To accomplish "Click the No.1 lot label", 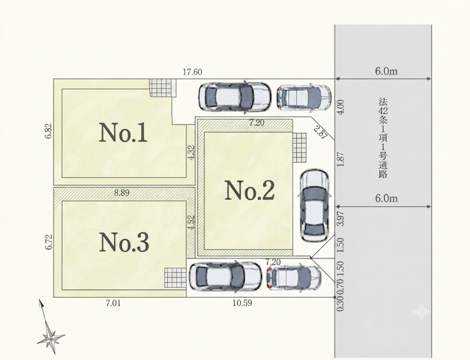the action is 123,133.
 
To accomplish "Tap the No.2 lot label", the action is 250,190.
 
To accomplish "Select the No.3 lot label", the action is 124,242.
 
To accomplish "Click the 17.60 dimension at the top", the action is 192,72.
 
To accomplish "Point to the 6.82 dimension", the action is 49,131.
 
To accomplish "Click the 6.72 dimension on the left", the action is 49,242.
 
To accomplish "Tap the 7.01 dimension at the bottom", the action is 113,303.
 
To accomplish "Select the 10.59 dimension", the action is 242,303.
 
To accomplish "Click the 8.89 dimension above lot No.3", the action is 122,193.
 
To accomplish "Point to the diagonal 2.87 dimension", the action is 321,131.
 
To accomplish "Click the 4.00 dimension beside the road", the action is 341,107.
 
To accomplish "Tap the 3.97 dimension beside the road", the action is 340,219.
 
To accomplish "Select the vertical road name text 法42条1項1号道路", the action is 383,138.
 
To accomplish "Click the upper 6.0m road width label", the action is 386,71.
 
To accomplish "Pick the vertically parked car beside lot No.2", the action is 314,206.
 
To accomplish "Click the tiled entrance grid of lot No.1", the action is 163,88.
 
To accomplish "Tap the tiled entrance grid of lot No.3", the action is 175,277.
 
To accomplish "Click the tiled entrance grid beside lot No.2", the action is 300,148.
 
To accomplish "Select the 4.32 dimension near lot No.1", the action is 191,153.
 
